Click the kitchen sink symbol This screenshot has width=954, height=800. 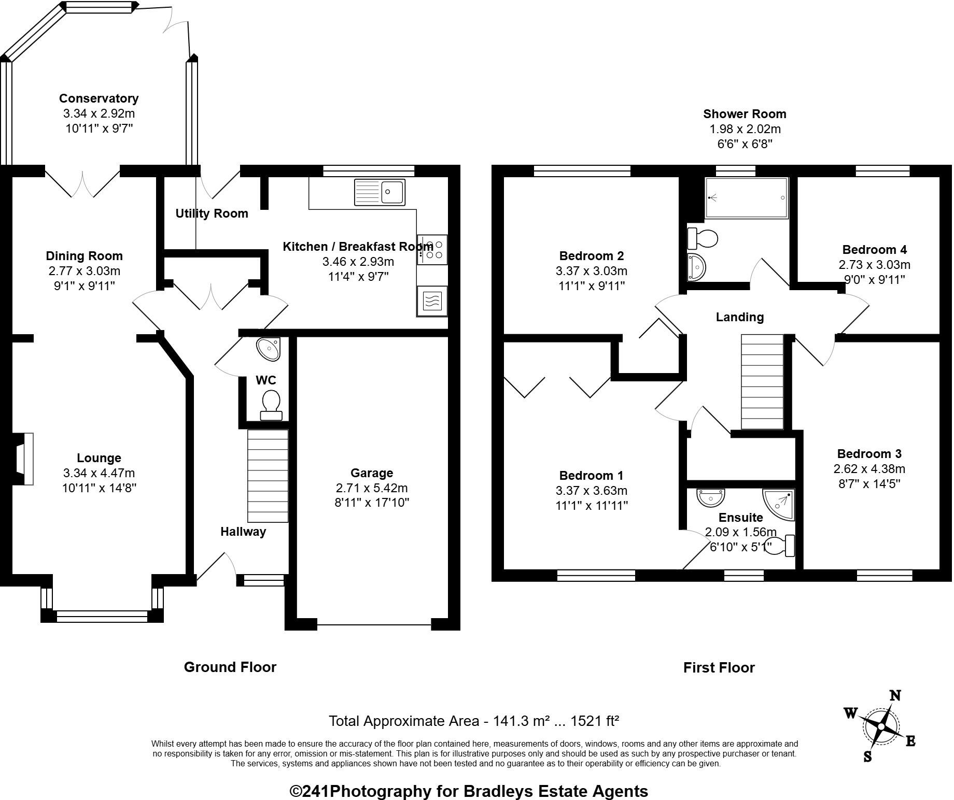(380, 192)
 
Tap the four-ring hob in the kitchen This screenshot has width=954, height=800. (432, 249)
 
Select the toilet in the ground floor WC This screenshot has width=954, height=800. (271, 405)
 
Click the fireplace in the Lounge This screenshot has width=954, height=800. (24, 459)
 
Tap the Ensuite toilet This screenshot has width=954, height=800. (780, 546)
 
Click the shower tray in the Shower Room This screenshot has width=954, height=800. (747, 198)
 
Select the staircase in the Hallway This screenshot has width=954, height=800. (268, 476)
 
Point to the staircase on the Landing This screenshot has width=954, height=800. (762, 382)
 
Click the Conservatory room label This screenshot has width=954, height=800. (99, 98)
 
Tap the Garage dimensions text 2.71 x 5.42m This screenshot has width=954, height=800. (372, 488)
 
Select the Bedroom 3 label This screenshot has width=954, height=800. (869, 454)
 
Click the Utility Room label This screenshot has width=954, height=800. (212, 213)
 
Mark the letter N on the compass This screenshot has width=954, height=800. (895, 696)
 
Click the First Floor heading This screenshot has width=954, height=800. (719, 667)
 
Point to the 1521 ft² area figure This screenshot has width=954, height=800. (594, 721)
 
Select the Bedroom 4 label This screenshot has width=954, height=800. (875, 250)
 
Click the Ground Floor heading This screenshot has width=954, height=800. (230, 667)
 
